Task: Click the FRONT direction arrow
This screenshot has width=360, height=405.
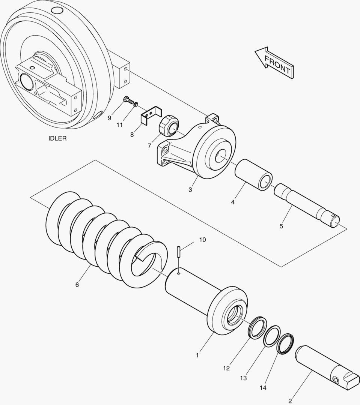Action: point(274,63)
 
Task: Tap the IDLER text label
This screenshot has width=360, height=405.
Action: point(57,138)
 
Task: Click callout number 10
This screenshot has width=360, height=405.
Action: point(202,240)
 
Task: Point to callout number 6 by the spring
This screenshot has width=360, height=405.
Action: point(77,285)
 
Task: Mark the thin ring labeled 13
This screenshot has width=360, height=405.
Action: point(271,336)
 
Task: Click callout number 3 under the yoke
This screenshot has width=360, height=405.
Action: point(190,190)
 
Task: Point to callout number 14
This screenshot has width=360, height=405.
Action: point(263,388)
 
